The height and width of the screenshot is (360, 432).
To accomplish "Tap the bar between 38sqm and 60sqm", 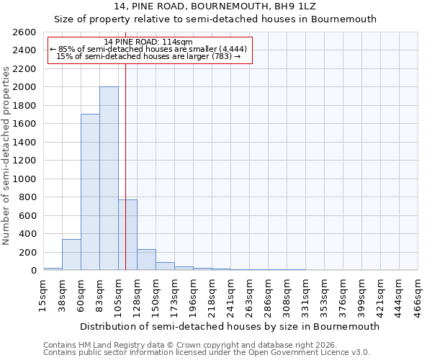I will tap(71, 255).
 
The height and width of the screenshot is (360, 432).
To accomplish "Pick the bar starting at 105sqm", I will tap(127, 235).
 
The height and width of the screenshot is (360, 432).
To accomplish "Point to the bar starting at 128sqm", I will tap(146, 260).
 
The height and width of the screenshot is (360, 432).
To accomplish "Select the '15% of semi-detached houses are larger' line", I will tap(148, 56).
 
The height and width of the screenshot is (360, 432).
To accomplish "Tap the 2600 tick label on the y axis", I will tap(24, 32).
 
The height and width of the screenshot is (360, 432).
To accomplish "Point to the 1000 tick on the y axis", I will tap(24, 179).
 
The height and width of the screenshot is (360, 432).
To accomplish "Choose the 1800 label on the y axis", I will tap(24, 106).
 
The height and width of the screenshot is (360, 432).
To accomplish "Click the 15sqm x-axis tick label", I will tap(43, 295).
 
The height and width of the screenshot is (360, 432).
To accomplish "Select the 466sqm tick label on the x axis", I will tap(418, 295).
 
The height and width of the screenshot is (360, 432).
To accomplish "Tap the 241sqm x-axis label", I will tap(230, 295).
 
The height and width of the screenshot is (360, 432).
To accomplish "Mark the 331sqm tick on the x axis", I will tap(305, 295).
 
